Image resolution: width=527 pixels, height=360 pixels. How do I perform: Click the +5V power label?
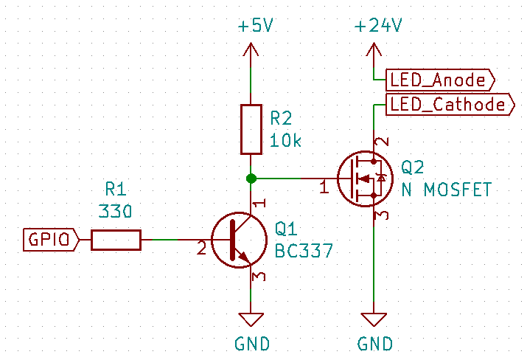pyautogui.click(x=255, y=26)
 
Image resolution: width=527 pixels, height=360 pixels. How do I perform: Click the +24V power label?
pyautogui.click(x=377, y=26)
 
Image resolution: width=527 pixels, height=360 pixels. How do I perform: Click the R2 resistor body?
pyautogui.click(x=251, y=129)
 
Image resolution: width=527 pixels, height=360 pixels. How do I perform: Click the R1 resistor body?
pyautogui.click(x=116, y=240)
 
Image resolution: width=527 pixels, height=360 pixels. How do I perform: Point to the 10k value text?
pyautogui.click(x=286, y=141)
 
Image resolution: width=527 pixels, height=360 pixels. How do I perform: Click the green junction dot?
pyautogui.click(x=251, y=178)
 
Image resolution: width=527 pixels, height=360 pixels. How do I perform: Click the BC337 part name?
pyautogui.click(x=304, y=250)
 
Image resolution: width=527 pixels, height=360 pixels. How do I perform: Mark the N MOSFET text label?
pyautogui.click(x=446, y=190)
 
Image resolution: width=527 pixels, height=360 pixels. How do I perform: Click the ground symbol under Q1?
pyautogui.click(x=251, y=319)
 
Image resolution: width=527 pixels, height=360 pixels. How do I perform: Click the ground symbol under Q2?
pyautogui.click(x=374, y=319)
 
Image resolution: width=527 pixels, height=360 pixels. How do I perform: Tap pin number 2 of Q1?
pyautogui.click(x=200, y=249)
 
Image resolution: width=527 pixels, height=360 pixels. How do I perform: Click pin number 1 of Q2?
pyautogui.click(x=324, y=188)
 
